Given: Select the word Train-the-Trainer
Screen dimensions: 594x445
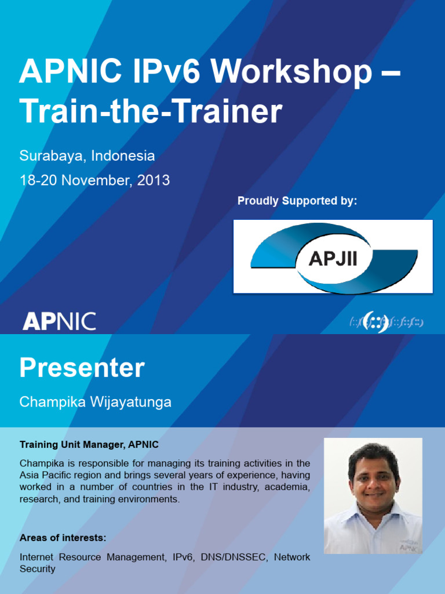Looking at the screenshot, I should tap(151, 112).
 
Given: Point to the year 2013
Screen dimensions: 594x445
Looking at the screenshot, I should tap(155, 180).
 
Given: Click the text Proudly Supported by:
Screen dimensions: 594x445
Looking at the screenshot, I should tap(297, 201).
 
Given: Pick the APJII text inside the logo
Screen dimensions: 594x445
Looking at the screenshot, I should tap(333, 258).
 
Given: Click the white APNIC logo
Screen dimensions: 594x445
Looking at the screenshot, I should tap(59, 321).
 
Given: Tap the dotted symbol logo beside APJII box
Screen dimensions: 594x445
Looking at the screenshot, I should tap(386, 322).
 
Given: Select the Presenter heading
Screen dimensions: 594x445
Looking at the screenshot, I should tap(82, 368).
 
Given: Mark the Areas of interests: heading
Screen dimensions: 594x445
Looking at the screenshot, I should tap(63, 538).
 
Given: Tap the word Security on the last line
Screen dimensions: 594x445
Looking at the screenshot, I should tap(38, 569).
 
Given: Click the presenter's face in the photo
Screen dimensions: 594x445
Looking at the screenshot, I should tap(374, 477).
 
